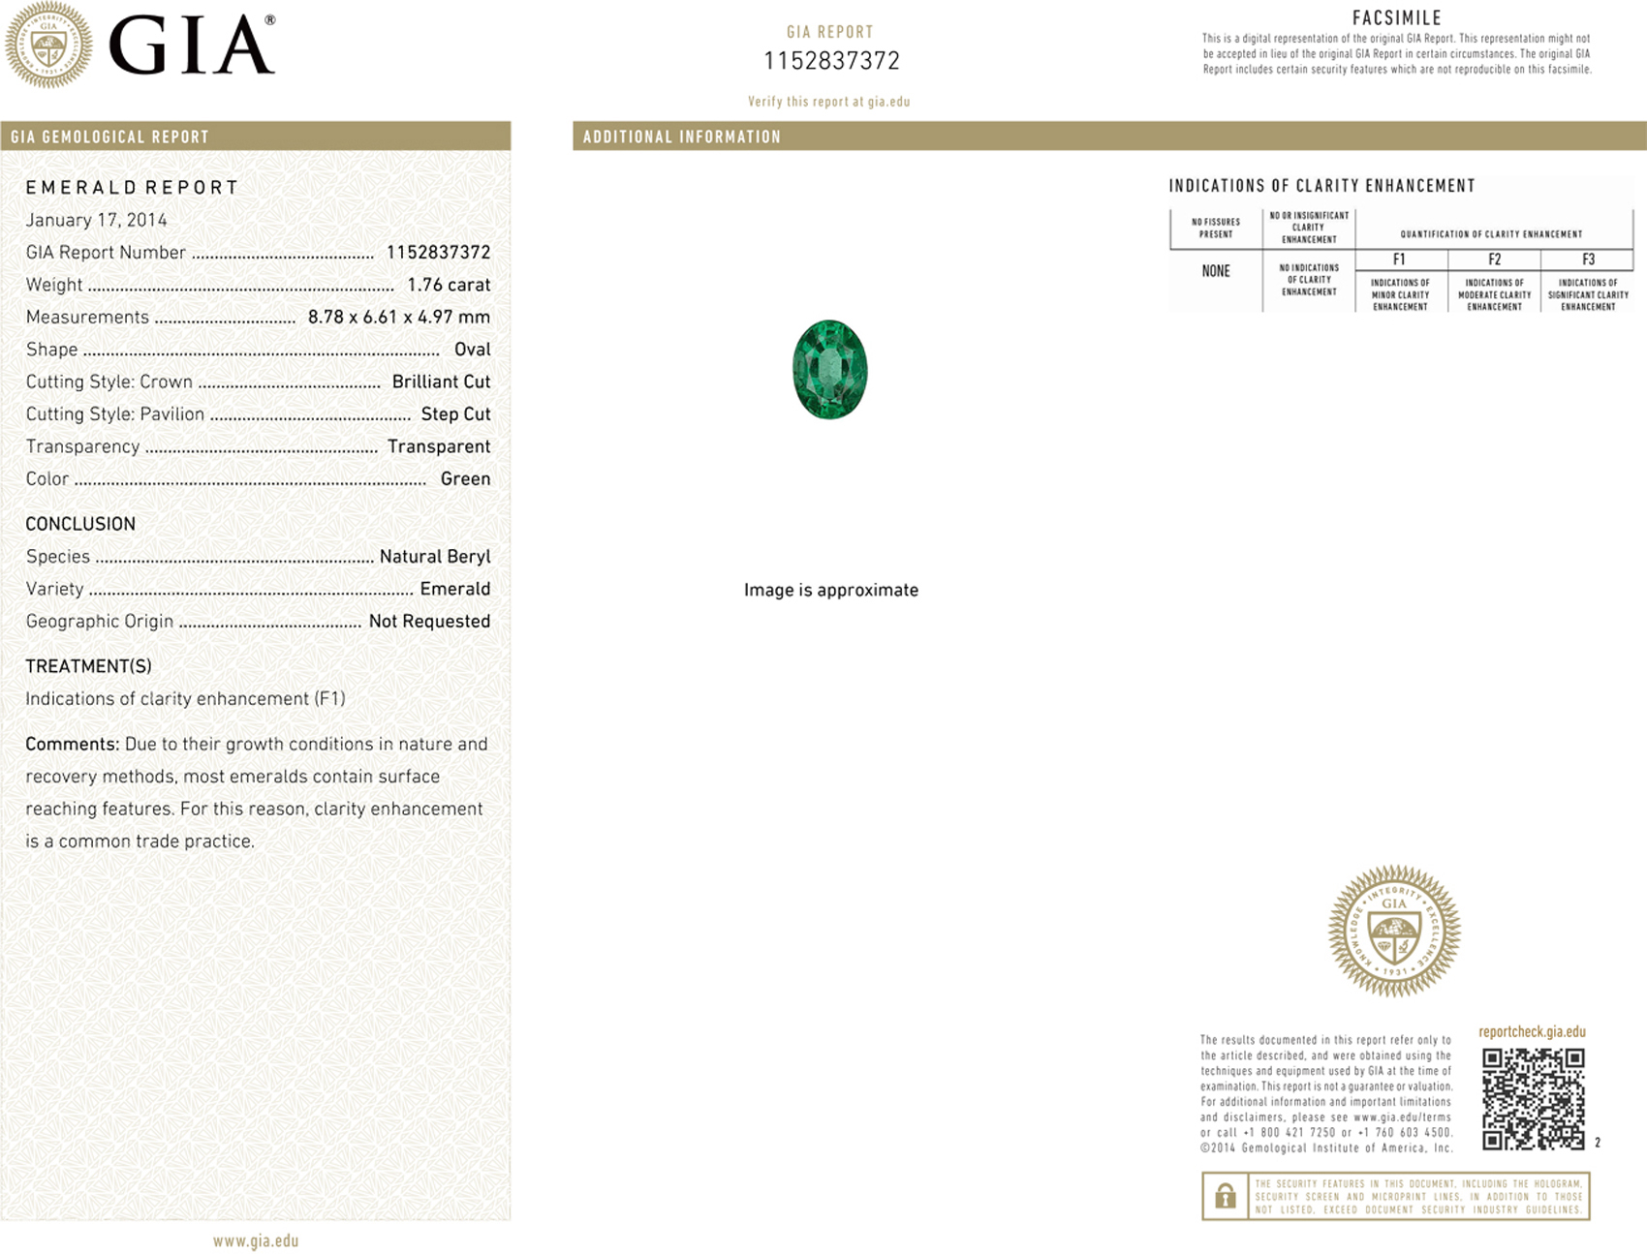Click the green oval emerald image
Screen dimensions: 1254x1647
coord(829,370)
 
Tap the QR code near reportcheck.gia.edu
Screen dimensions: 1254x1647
coord(1533,1098)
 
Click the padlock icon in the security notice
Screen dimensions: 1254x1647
coord(1225,1197)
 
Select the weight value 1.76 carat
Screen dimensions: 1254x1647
coord(449,285)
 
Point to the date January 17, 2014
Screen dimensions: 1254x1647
coord(96,220)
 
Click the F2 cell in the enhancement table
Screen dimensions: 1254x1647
coord(1494,260)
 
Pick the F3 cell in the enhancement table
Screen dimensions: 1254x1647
coord(1588,260)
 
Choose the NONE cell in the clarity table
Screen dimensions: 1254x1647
coord(1216,271)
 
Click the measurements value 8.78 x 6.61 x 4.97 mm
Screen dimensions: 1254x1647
coord(398,317)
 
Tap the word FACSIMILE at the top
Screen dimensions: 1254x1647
coord(1396,17)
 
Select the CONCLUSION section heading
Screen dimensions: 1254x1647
coord(80,524)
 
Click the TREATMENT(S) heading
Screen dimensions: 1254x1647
coord(88,666)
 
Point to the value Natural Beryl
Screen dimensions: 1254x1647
coord(434,557)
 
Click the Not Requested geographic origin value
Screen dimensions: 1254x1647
coord(429,622)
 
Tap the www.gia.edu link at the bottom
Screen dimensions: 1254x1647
coord(256,1240)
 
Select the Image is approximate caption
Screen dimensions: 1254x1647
coord(830,590)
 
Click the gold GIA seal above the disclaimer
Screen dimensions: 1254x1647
coord(1393,931)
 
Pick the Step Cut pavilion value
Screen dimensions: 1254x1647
coord(455,414)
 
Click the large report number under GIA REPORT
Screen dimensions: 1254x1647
coord(831,61)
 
